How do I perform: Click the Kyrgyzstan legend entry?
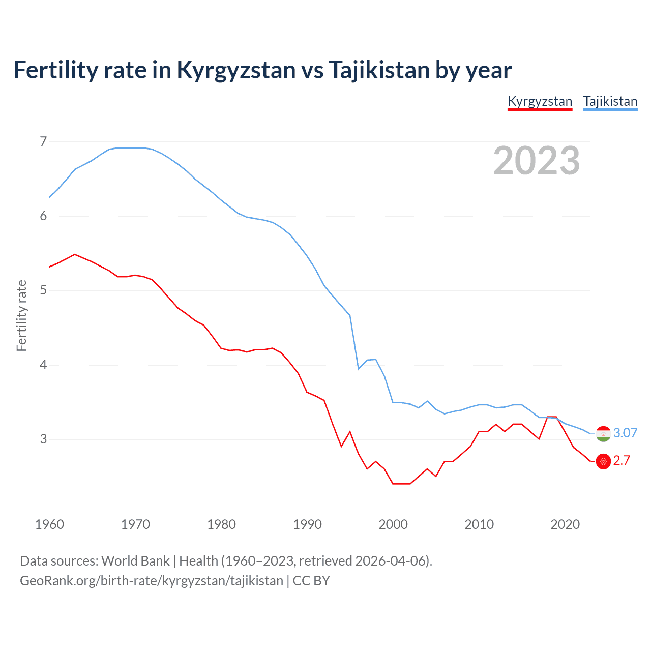(x=540, y=101)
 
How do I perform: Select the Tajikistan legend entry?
(x=610, y=101)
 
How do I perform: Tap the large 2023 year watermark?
(x=536, y=161)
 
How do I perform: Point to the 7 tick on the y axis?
(x=43, y=141)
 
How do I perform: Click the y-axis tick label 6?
(x=43, y=216)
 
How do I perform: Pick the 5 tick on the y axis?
(x=43, y=290)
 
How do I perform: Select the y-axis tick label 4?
(x=43, y=365)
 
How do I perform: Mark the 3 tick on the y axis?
(x=43, y=439)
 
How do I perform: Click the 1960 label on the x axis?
(x=49, y=524)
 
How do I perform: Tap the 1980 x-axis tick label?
(x=221, y=524)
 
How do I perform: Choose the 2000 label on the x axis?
(x=393, y=524)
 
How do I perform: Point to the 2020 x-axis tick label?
(x=565, y=524)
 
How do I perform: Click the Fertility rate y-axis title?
(x=21, y=315)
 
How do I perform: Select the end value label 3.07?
(x=625, y=433)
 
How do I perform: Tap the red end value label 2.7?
(x=622, y=460)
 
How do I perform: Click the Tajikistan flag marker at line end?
(x=603, y=434)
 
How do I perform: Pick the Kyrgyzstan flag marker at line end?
(x=603, y=461)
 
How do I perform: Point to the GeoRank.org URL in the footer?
(x=151, y=580)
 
